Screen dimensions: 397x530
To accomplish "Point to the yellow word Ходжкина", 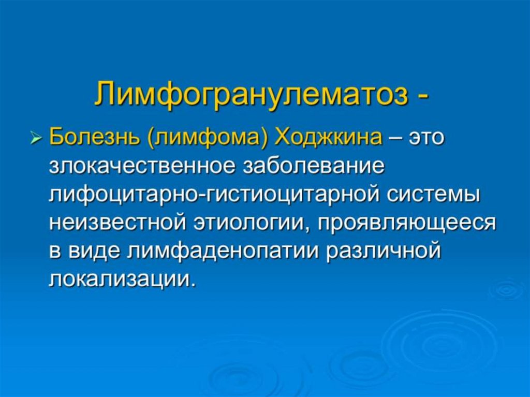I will click(328, 138).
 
